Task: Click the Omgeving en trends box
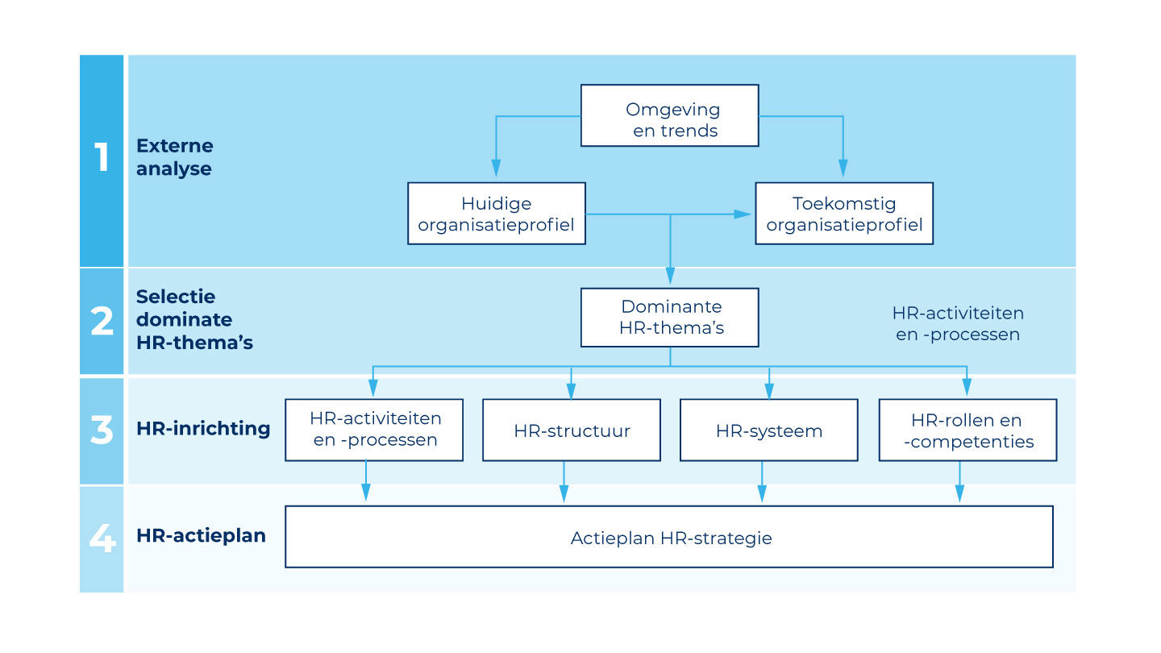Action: coord(669,115)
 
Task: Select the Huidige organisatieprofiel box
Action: coord(496,214)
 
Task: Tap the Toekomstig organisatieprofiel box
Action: coord(843,214)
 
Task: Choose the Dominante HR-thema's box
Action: coord(669,318)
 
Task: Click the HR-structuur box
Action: coord(571,430)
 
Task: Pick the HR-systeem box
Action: coord(768,430)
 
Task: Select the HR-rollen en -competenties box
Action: coord(967,430)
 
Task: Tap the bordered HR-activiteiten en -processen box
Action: coord(374,430)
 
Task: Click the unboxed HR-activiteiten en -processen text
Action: coord(958,323)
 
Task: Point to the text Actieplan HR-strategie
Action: coord(671,538)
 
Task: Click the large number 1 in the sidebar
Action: coord(102,158)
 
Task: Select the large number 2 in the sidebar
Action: coord(102,322)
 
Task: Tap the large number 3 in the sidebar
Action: coord(102,430)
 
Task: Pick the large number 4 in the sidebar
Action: coord(102,539)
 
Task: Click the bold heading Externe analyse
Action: coord(175,157)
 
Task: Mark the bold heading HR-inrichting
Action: coord(203,428)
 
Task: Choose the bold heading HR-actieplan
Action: coord(201,535)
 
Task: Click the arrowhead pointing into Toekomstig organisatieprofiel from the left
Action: coord(742,214)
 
